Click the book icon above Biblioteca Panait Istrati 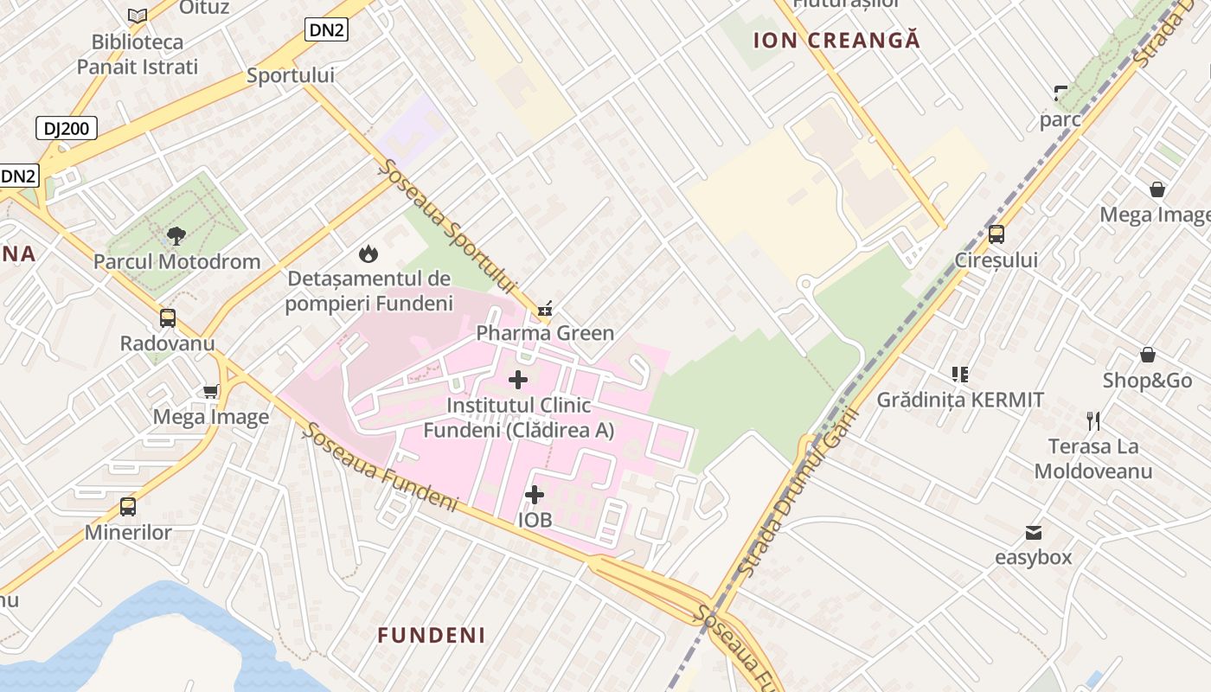138,16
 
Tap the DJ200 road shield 67,129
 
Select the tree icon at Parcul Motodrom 176,235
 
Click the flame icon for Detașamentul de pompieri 368,253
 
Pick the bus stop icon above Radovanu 168,317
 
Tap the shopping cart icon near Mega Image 210,392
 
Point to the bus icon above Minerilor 128,506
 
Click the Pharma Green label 545,333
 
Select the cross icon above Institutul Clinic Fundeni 518,380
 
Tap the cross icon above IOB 535,495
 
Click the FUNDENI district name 431,635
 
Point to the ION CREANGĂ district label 836,40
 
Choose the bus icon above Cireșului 996,234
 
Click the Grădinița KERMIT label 960,400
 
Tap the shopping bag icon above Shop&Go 1148,355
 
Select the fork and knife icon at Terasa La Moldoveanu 1093,421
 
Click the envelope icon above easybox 1034,532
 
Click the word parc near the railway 1060,119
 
